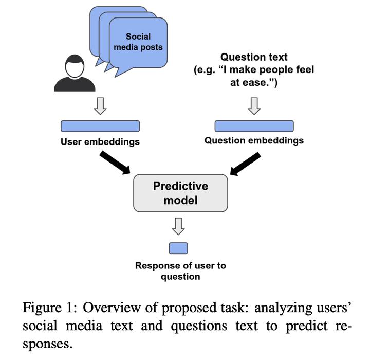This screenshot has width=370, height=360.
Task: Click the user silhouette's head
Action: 75,66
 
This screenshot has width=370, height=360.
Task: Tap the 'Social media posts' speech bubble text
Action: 138,42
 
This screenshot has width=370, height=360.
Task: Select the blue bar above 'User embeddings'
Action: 100,126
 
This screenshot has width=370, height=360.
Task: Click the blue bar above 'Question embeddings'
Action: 254,126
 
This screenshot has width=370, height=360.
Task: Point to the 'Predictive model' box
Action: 180,193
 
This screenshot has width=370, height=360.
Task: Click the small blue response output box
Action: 178,248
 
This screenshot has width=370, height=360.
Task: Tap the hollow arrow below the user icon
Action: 100,106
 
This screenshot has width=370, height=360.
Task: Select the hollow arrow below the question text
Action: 254,106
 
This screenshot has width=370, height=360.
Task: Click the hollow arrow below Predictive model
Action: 178,226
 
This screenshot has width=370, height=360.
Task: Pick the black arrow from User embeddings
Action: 115,163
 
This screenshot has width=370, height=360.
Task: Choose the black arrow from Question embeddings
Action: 246,164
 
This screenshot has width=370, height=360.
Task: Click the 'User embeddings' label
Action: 100,142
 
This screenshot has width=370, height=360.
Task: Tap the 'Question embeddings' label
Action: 254,140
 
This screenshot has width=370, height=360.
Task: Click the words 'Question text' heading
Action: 254,57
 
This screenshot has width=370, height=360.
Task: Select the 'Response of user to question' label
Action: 180,271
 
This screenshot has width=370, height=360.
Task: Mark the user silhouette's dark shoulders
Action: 75,84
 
